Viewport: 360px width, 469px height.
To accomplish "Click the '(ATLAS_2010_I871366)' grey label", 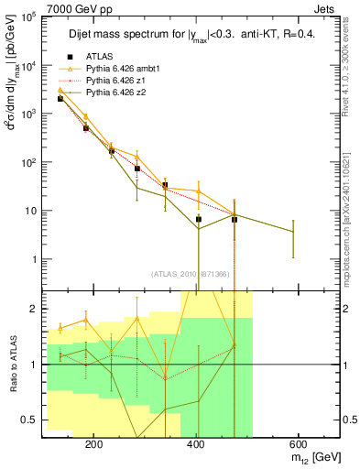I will (x=191, y=274).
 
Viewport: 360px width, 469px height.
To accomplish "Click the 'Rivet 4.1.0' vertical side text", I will (x=349, y=73).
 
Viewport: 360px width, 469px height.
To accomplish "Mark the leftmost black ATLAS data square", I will (x=60, y=98).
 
